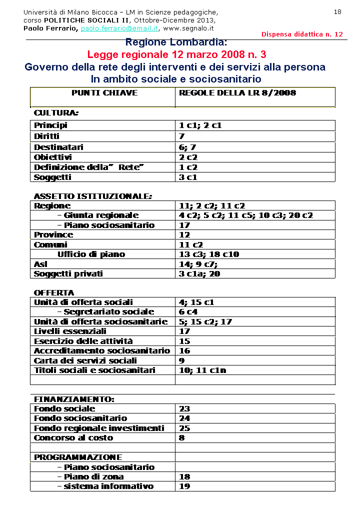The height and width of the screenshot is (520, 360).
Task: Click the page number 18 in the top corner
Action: (337, 12)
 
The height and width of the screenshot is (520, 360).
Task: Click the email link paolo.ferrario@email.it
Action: (119, 28)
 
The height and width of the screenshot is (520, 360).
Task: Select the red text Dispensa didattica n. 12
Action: (302, 34)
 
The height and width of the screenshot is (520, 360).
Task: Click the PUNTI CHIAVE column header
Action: (104, 93)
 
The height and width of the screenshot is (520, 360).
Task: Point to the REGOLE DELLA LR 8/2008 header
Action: (237, 93)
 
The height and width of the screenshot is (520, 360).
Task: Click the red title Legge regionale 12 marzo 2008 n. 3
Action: (176, 54)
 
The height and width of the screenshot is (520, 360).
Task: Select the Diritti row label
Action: (46, 136)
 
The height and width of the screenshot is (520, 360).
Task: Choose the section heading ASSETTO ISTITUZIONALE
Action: (92, 196)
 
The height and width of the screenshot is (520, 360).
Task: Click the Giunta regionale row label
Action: (98, 215)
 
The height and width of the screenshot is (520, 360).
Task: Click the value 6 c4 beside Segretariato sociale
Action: (188, 312)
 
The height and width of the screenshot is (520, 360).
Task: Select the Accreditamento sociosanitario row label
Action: (102, 351)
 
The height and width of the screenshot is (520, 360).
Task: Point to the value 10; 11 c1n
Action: (202, 370)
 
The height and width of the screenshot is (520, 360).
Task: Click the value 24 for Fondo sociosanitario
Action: (184, 418)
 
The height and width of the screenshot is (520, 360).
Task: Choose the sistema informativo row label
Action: (105, 486)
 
